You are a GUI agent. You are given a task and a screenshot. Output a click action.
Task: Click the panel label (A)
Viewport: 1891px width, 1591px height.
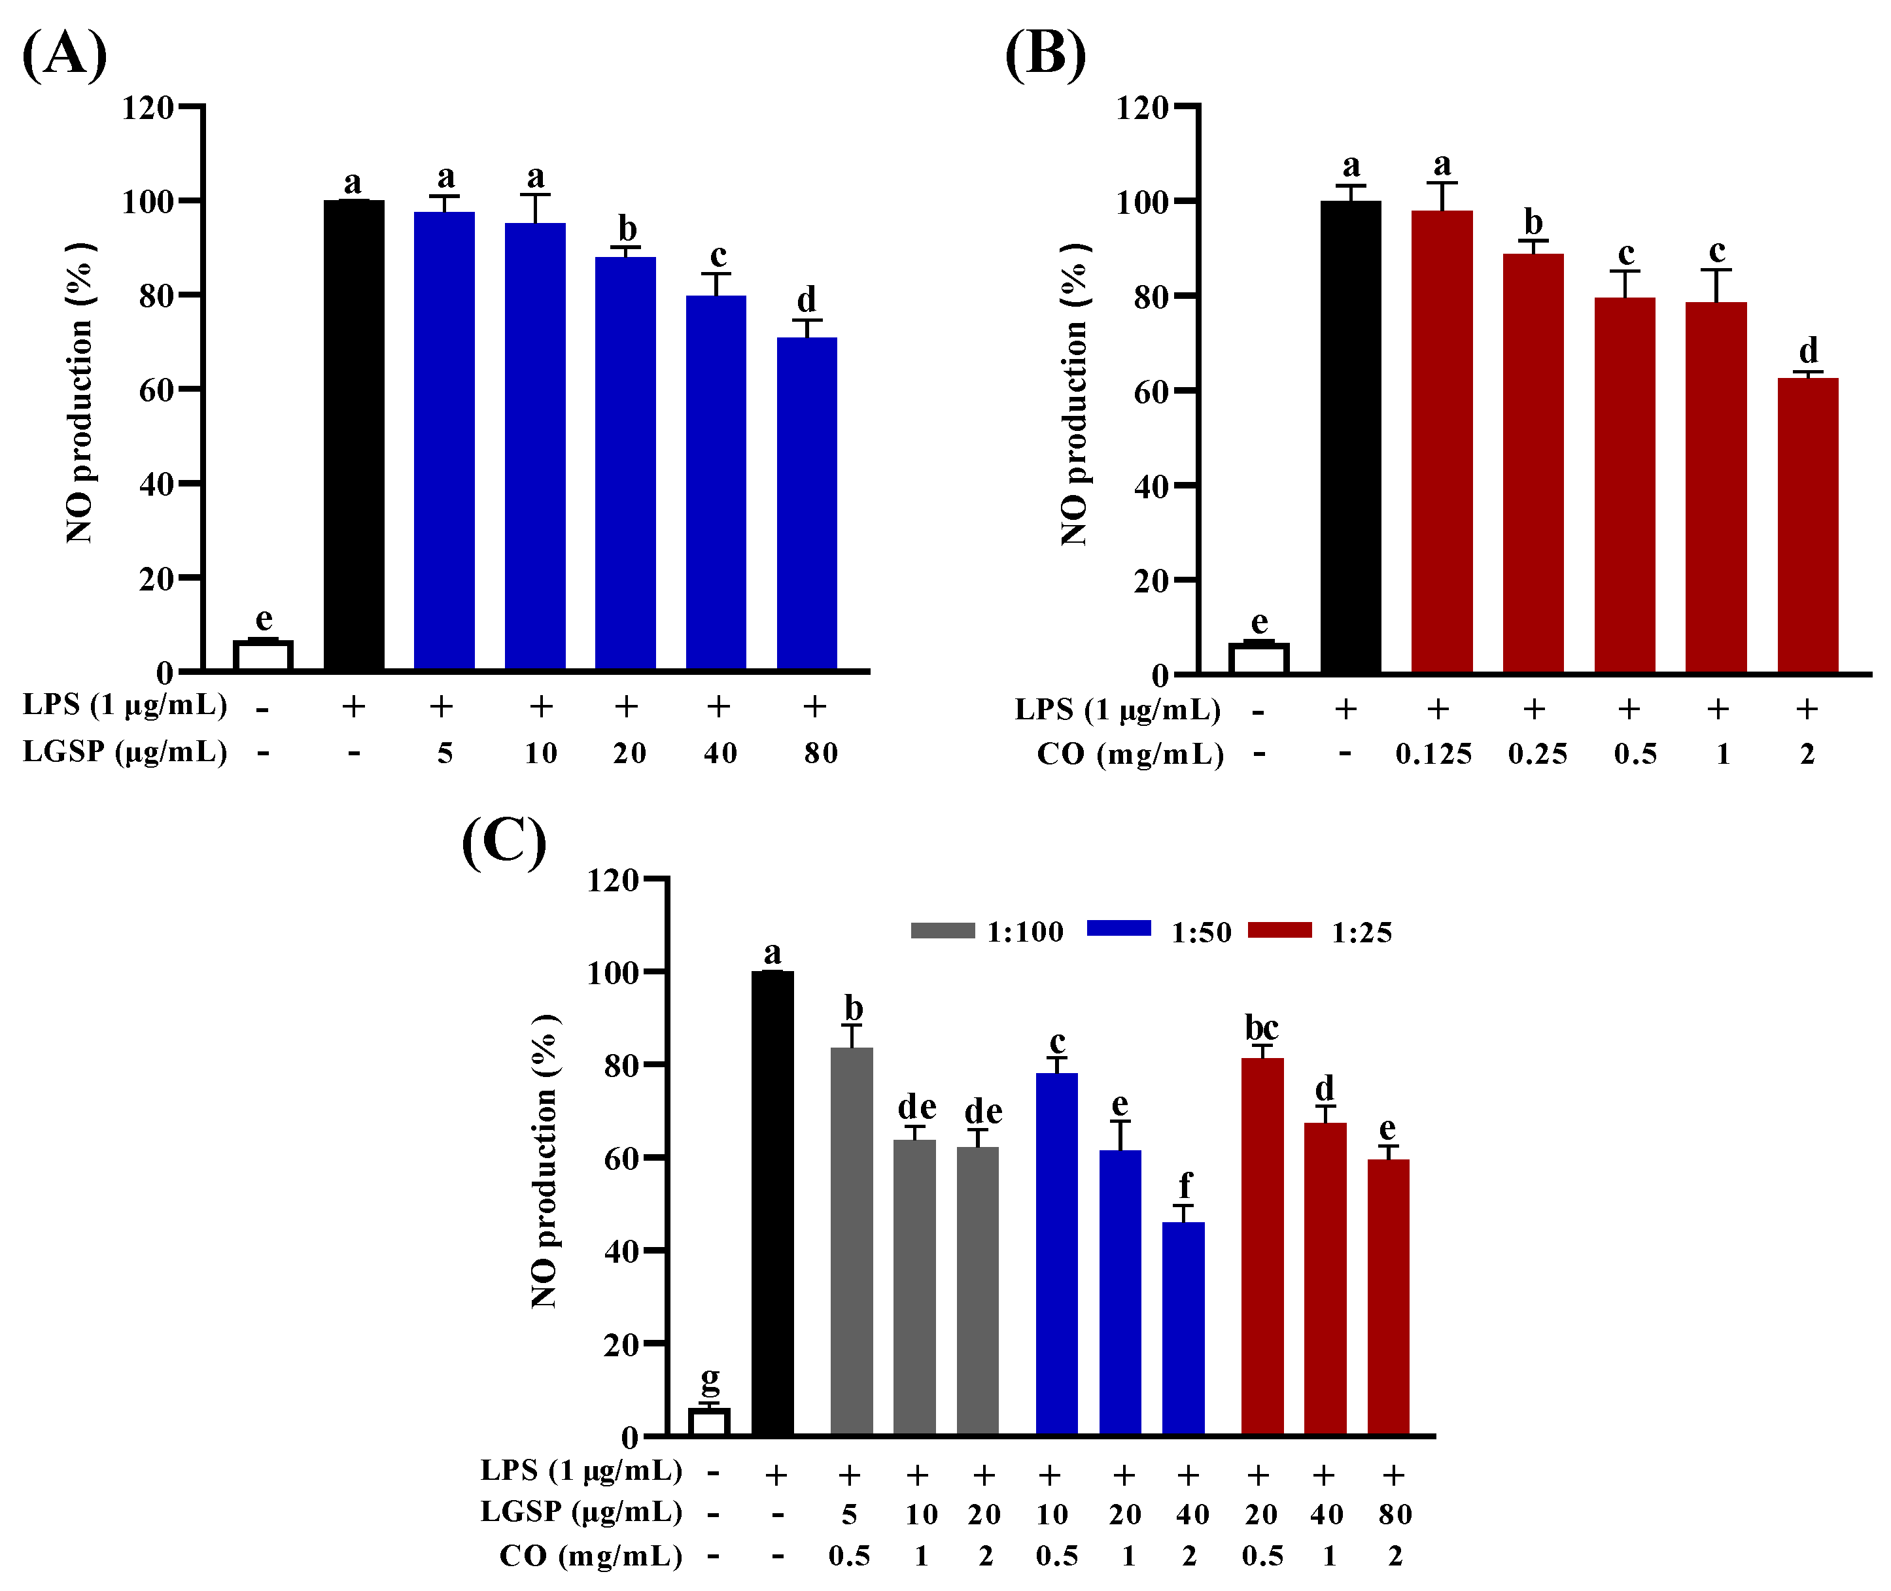point(64,56)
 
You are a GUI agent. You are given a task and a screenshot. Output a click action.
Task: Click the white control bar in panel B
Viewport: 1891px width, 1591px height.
point(1258,659)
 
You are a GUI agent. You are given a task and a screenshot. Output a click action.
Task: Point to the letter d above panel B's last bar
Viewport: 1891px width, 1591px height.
point(1808,350)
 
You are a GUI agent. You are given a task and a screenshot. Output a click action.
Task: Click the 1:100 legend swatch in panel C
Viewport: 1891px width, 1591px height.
point(942,931)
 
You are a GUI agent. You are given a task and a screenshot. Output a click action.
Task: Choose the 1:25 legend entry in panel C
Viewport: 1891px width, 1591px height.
point(1361,932)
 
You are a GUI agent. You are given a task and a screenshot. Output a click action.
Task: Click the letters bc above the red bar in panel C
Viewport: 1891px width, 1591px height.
point(1261,1027)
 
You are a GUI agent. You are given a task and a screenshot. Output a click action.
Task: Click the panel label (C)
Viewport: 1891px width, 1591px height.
point(504,842)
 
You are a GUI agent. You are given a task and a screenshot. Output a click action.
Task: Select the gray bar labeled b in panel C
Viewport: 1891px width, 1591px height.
point(851,1240)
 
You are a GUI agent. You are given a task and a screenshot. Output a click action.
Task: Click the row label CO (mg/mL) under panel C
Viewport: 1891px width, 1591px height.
point(591,1556)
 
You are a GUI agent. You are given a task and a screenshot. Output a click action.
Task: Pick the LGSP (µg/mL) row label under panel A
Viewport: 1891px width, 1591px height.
point(124,751)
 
